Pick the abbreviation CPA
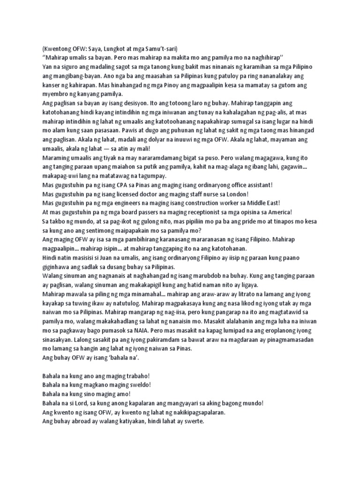point(124,186)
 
